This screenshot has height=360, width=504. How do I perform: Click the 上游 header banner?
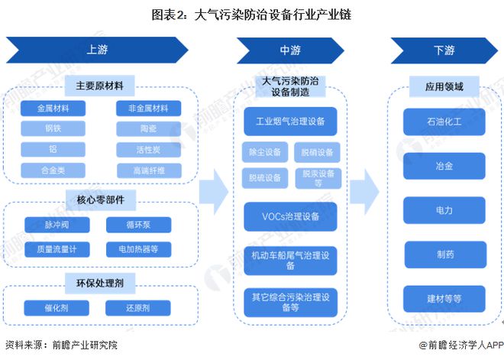97,50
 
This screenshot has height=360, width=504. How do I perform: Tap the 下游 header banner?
444,50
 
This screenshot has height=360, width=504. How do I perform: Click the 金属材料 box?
53,109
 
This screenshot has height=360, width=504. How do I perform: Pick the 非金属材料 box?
148,109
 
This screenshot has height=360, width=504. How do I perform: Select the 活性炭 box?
148,149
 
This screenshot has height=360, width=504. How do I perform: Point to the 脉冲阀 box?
57,225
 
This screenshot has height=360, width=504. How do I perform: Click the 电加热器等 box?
138,249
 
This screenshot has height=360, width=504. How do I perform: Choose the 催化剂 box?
57,308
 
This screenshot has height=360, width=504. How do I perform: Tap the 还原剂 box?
138,308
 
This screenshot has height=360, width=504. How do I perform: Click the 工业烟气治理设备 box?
290,122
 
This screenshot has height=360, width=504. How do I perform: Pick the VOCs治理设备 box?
290,216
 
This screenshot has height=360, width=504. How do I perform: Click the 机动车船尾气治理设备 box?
290,260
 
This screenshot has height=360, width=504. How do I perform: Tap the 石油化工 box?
444,121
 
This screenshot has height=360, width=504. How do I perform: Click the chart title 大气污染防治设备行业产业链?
251,14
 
